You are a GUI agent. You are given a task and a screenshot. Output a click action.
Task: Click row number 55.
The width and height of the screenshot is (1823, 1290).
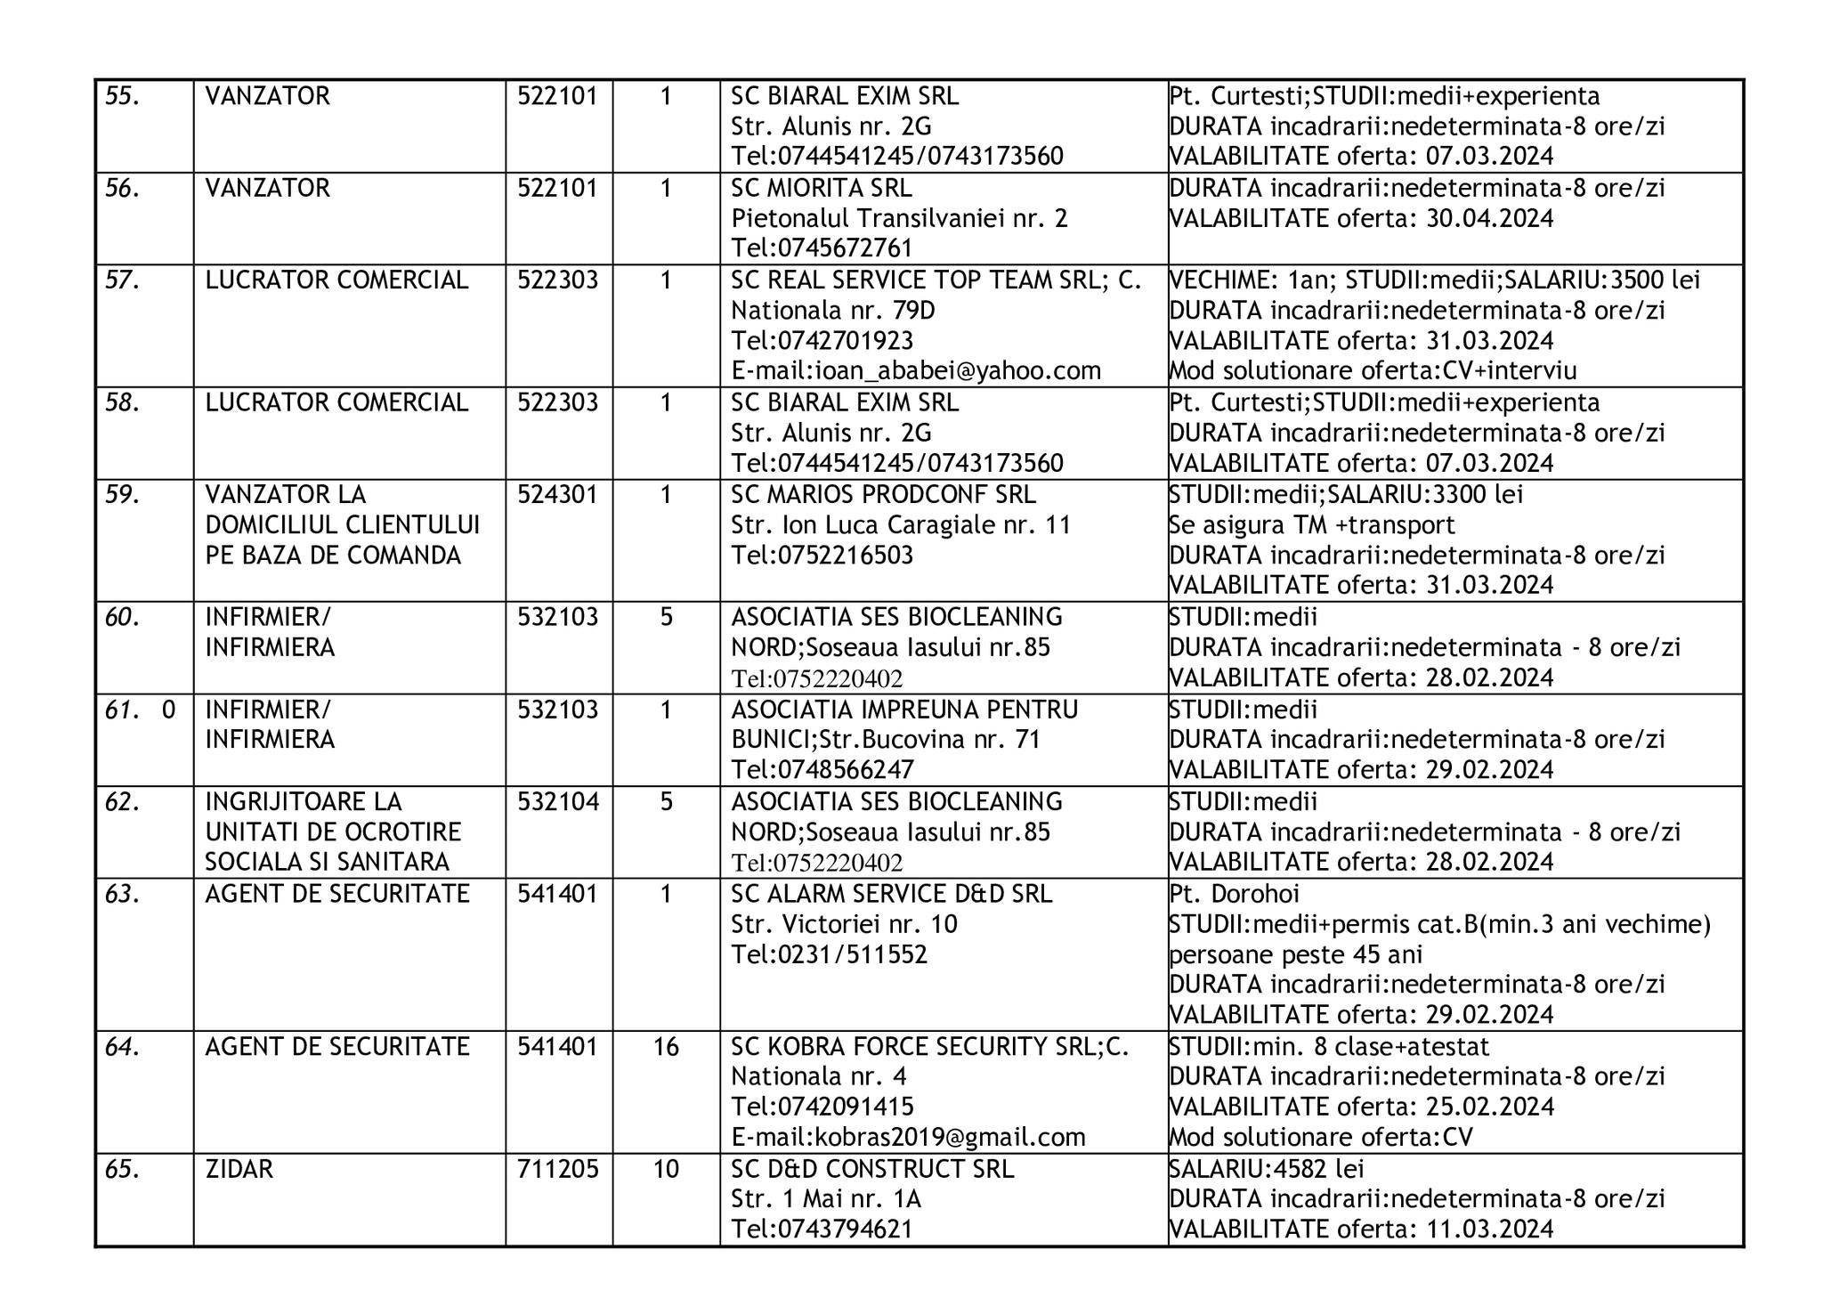(x=123, y=96)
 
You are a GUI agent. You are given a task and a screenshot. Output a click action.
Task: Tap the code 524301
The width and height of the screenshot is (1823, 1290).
(x=557, y=495)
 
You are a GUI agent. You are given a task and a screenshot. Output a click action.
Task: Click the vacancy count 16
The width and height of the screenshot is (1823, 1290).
(x=666, y=1047)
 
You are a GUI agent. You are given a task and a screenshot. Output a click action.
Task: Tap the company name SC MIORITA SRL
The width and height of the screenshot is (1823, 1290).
(x=821, y=189)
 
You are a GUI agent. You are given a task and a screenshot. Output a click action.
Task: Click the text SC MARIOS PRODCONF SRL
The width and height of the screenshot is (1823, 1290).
(x=883, y=495)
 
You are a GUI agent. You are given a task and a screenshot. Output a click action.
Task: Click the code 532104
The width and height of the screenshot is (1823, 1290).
(x=558, y=802)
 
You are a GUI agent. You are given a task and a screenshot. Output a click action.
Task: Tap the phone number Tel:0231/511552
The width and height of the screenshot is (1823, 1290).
(x=829, y=955)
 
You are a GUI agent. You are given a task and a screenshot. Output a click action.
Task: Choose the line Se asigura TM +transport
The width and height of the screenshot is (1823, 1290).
(x=1311, y=525)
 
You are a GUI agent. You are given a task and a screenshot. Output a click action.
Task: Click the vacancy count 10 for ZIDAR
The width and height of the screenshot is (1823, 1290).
(x=666, y=1169)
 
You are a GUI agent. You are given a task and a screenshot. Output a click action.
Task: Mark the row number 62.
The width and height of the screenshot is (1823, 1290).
(x=123, y=802)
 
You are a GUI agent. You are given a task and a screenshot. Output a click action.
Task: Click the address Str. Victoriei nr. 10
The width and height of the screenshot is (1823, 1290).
(x=844, y=925)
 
